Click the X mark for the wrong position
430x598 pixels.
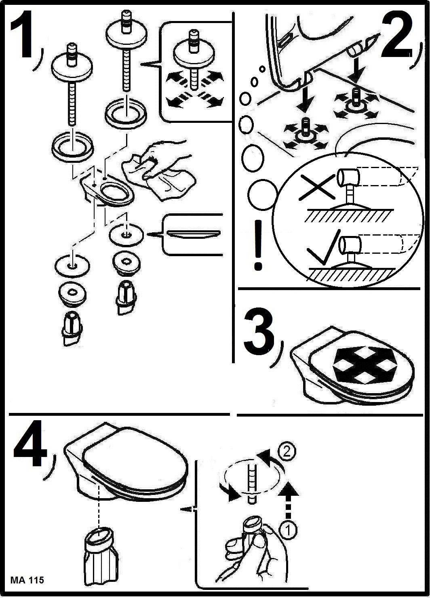[x=317, y=186]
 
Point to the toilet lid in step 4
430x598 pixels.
[x=135, y=457]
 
